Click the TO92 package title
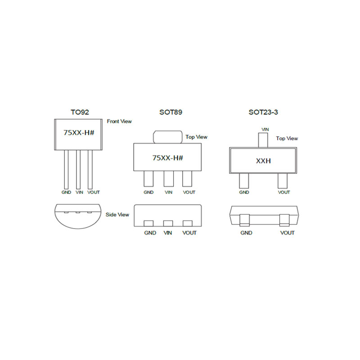pyautogui.click(x=80, y=112)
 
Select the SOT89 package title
pyautogui.click(x=171, y=112)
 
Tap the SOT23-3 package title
pyautogui.click(x=263, y=112)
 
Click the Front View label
pyautogui.click(x=119, y=121)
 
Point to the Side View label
pyautogui.click(x=117, y=215)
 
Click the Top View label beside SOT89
pyautogui.click(x=196, y=137)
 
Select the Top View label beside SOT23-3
pyautogui.click(x=287, y=139)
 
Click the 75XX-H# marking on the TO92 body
pyautogui.click(x=79, y=133)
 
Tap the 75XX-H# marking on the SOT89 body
pyautogui.click(x=167, y=158)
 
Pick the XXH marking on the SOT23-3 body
pyautogui.click(x=263, y=161)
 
